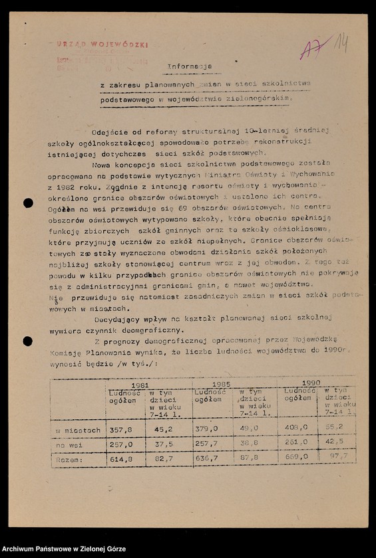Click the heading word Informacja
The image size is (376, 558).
(189, 66)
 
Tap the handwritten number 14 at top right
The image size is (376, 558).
(341, 44)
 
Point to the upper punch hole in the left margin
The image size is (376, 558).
(28, 203)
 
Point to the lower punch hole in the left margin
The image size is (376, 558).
(27, 341)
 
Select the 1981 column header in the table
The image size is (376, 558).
(140, 385)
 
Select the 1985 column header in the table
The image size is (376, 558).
(222, 385)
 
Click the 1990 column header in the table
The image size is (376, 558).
(310, 383)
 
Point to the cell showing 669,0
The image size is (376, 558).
(295, 457)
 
